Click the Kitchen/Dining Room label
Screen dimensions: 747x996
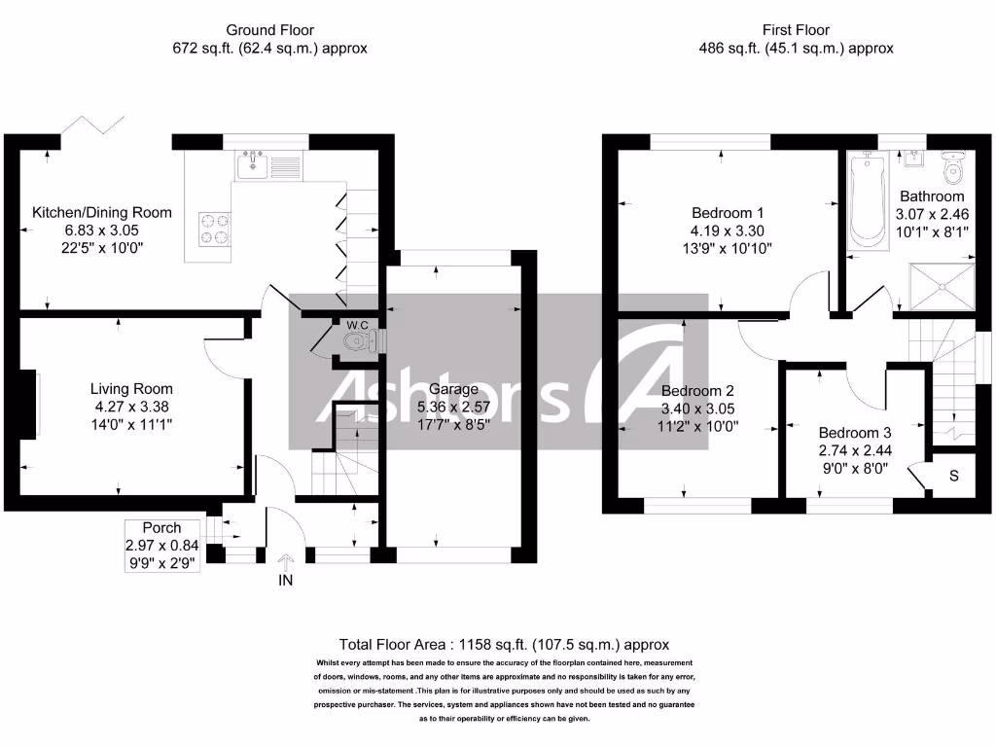102,212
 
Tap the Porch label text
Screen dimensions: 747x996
161,527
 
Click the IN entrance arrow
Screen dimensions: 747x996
286,563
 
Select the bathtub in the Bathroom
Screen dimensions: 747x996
865,200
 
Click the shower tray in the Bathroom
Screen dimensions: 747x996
943,284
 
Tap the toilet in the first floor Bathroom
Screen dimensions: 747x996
955,169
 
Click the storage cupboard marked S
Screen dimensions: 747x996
953,476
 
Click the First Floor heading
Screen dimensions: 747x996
797,30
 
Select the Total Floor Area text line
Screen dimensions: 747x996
504,644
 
